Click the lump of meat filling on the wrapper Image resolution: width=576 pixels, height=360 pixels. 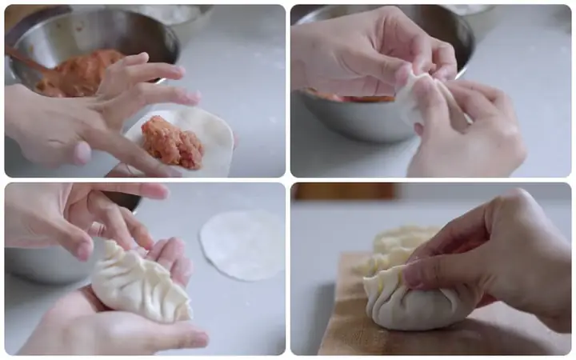[x=171, y=142]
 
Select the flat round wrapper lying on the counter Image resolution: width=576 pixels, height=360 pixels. [x=242, y=245]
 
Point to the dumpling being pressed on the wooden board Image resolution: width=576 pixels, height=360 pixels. [x=416, y=297]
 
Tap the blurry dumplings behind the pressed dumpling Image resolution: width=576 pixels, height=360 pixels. [x=400, y=244]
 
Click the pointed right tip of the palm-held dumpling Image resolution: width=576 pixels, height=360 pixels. [x=188, y=312]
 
